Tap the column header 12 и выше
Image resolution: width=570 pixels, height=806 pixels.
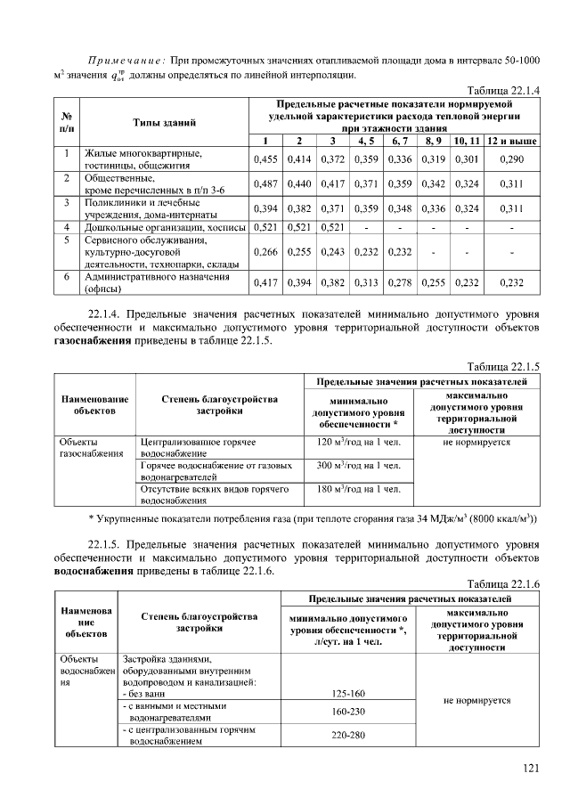point(511,141)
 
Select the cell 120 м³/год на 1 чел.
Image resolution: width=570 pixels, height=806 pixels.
point(357,442)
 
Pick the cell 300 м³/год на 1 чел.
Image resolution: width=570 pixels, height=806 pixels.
point(357,466)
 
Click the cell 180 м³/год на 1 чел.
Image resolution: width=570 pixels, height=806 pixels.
point(357,489)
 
